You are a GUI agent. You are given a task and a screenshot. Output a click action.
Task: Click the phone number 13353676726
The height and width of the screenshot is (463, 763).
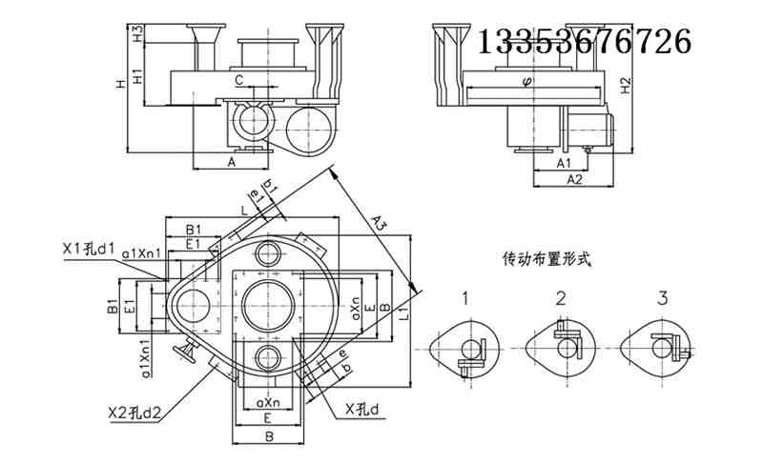583,41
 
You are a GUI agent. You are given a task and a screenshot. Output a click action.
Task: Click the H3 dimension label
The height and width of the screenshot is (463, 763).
137,34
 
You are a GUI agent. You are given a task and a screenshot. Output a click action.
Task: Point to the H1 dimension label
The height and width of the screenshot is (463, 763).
137,75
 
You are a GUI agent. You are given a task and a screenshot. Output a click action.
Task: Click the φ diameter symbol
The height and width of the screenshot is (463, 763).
527,81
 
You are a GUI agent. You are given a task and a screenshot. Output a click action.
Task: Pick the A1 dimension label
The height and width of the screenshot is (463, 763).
566,163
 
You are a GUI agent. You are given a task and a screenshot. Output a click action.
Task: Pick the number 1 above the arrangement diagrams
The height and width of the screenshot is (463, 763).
465,298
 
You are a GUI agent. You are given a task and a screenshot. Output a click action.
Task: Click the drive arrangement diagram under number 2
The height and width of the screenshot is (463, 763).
564,345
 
